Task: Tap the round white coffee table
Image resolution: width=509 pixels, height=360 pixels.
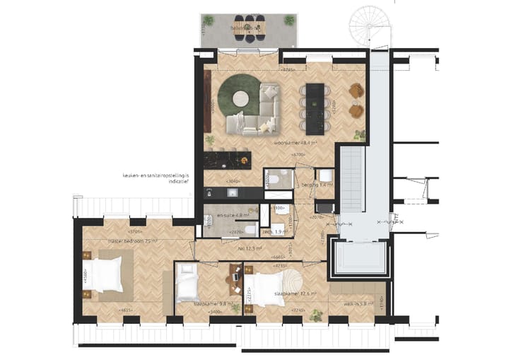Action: click(x=239, y=98)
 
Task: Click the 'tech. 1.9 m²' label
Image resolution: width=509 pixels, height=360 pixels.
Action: click(x=274, y=231)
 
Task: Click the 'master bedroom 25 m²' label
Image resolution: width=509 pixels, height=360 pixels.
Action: click(x=131, y=240)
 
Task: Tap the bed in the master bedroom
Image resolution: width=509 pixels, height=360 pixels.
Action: click(x=106, y=274)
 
